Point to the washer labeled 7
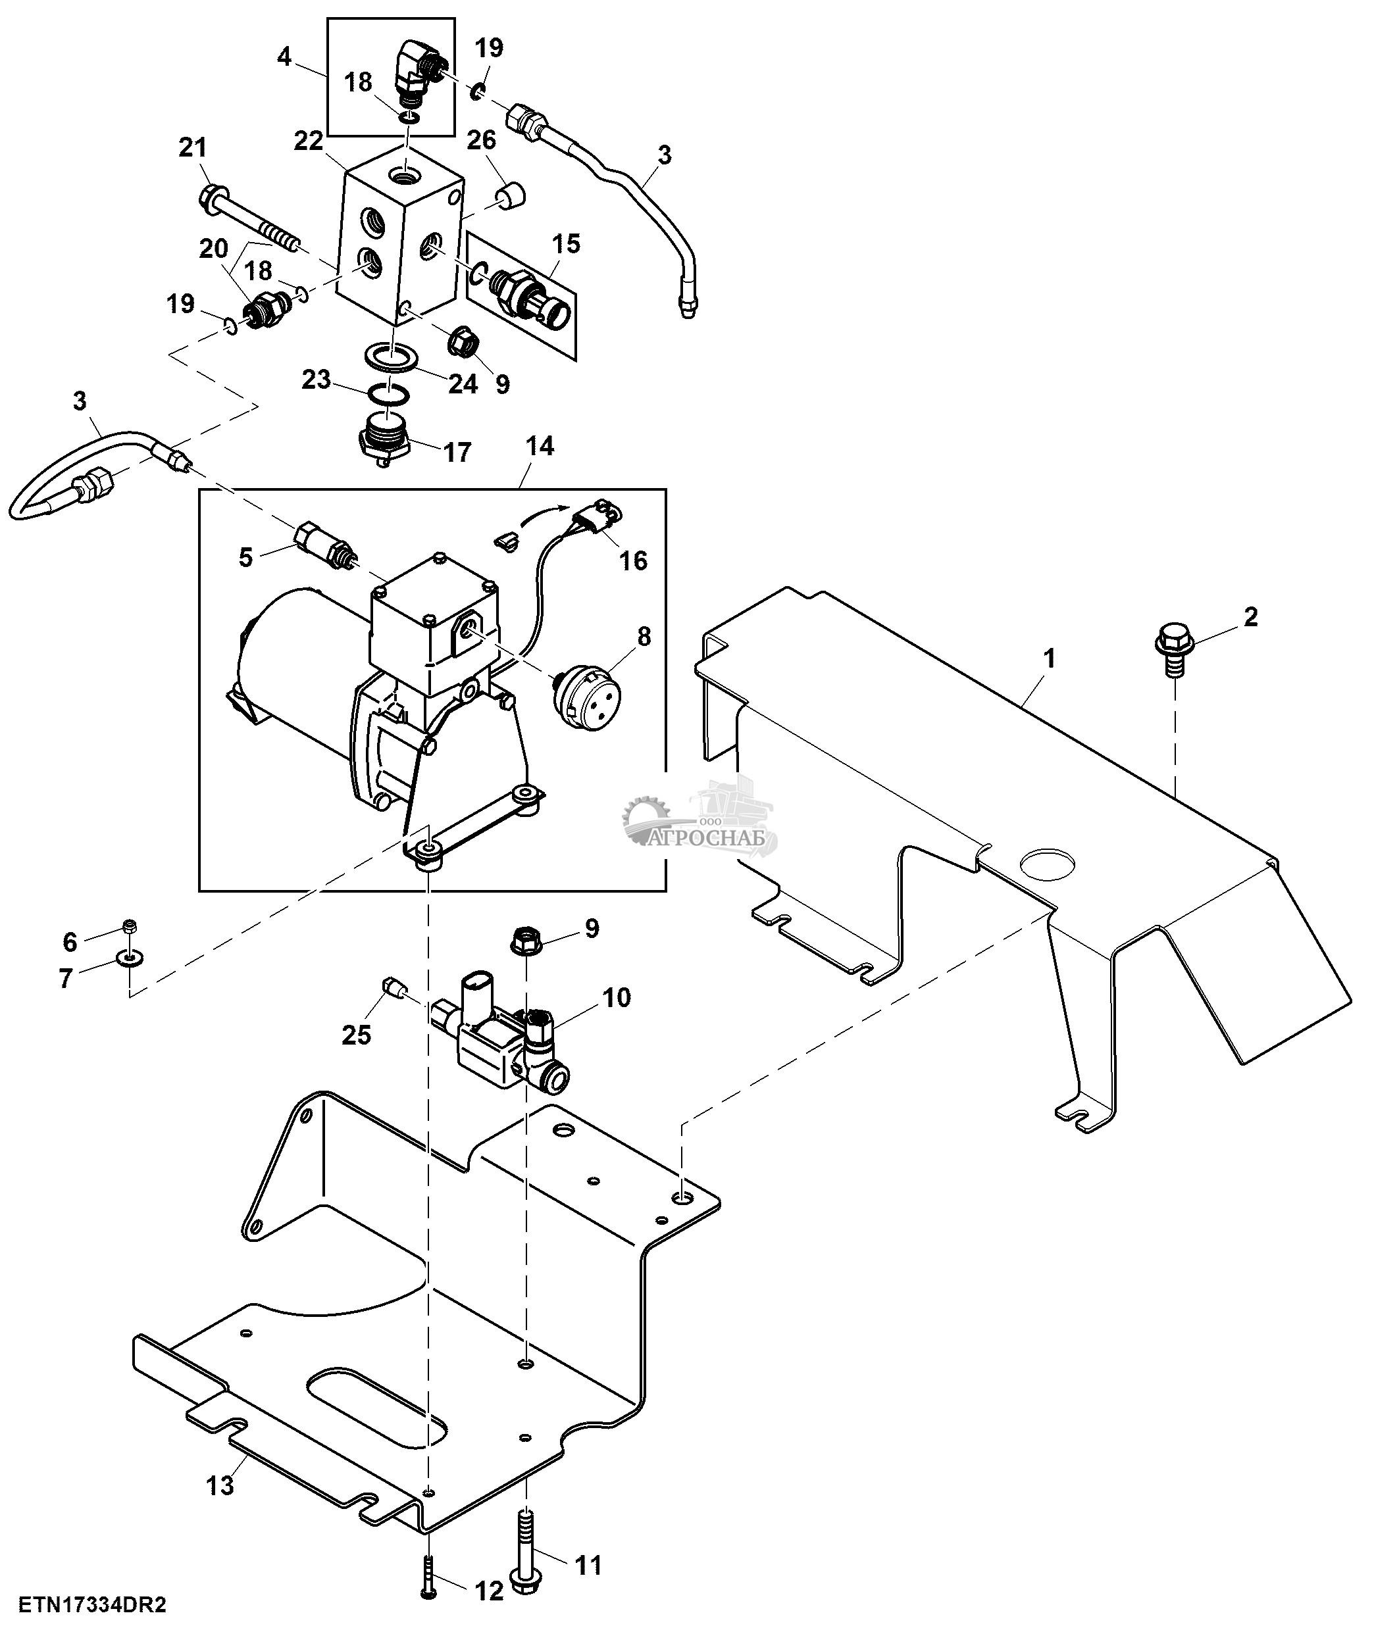click(x=126, y=958)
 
